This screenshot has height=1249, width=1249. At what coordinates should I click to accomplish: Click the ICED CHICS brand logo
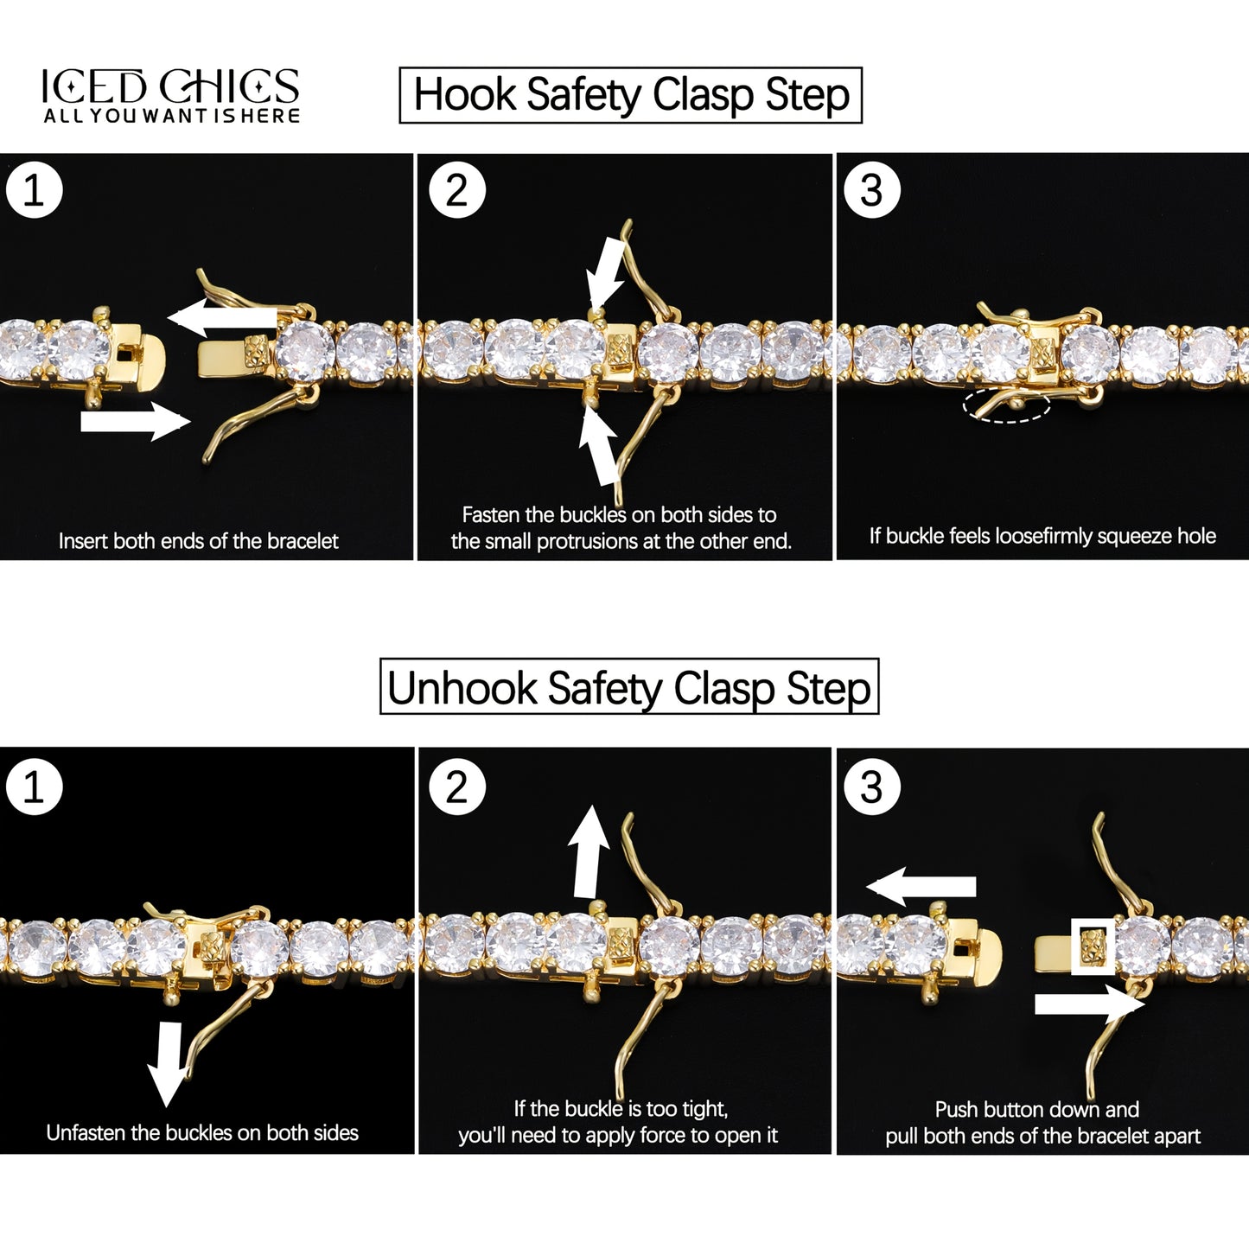click(170, 95)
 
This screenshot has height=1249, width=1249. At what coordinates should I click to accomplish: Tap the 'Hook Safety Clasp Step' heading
click(631, 95)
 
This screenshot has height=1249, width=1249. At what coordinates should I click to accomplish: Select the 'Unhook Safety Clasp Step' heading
click(628, 686)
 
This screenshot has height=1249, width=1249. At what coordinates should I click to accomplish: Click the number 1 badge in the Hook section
click(35, 190)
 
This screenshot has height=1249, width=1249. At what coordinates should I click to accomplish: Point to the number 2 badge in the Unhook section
click(457, 787)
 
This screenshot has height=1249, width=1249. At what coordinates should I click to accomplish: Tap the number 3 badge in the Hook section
click(872, 190)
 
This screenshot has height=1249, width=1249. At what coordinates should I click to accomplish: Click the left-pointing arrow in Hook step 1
click(222, 317)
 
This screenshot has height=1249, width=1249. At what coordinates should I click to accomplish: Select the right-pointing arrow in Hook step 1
click(136, 421)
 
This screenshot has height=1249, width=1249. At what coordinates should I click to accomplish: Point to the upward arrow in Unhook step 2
click(587, 851)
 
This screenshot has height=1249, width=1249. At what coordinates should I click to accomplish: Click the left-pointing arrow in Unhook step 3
click(921, 886)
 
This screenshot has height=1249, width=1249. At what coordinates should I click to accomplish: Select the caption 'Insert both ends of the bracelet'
click(198, 541)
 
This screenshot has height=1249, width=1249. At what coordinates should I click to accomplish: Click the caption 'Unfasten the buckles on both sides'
click(202, 1132)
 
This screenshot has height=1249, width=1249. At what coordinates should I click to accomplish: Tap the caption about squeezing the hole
click(1042, 536)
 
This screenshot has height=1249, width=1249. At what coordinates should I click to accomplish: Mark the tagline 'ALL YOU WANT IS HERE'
click(172, 116)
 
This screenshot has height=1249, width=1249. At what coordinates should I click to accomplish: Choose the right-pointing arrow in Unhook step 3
click(1090, 1004)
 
